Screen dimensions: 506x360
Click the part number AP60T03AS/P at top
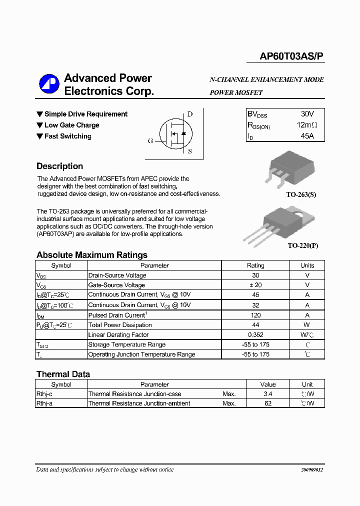(x=291, y=57)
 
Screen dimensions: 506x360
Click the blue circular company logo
(x=49, y=84)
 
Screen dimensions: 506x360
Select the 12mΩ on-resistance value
(x=306, y=125)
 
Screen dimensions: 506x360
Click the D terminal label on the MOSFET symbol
(x=190, y=114)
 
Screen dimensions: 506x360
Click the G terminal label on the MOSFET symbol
(x=150, y=141)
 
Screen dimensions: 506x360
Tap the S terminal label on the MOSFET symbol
(x=189, y=151)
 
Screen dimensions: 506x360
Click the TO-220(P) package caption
(x=302, y=245)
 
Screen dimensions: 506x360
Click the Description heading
(x=60, y=166)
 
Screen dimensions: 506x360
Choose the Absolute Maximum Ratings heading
(x=92, y=255)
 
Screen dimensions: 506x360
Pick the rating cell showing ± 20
(x=255, y=285)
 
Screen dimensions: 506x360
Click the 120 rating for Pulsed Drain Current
(x=255, y=315)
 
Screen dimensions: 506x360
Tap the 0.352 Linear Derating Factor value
(x=255, y=334)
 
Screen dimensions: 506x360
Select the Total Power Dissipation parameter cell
(x=120, y=325)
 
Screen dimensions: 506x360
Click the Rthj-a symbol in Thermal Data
(x=44, y=403)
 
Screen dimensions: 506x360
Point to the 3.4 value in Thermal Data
(x=268, y=394)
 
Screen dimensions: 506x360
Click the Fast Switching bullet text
(x=67, y=136)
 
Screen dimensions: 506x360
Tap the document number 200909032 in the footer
(x=312, y=470)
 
